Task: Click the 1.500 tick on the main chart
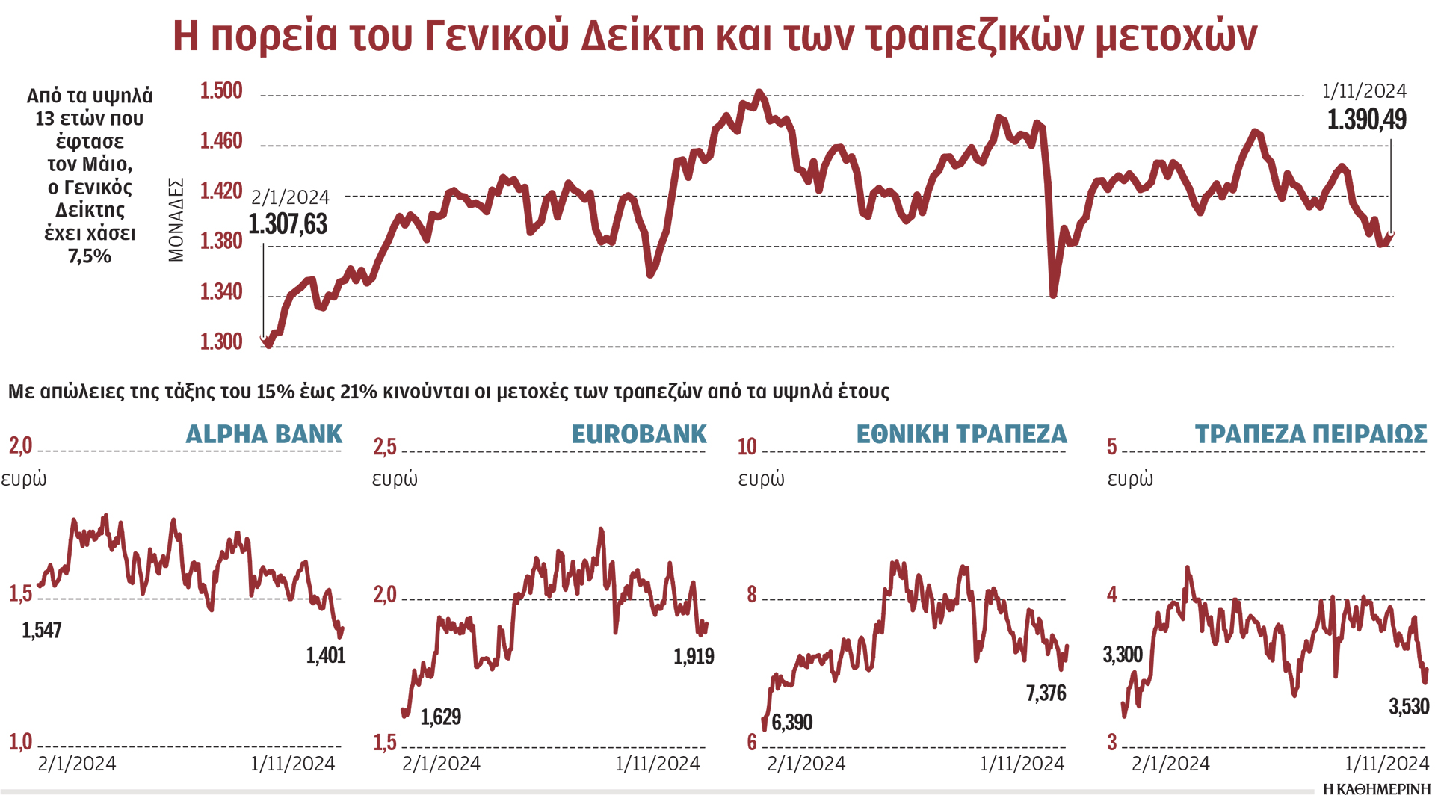(220, 91)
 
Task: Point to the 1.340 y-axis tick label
(220, 291)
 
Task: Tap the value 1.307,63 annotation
(288, 224)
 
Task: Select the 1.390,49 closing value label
(1366, 120)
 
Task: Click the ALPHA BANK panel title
(264, 434)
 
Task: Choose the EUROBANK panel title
(639, 434)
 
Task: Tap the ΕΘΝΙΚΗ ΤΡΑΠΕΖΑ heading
(961, 434)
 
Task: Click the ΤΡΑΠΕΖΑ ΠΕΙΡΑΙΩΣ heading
(1310, 434)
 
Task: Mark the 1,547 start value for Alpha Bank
(42, 631)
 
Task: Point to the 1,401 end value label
(326, 656)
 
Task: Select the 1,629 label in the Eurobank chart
(441, 717)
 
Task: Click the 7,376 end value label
(1046, 693)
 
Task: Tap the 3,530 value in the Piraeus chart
(1409, 706)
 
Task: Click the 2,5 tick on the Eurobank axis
(385, 447)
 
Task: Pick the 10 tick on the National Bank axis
(747, 447)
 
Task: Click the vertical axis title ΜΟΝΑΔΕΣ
(176, 220)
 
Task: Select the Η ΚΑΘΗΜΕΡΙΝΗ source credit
(1376, 790)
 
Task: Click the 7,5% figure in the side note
(90, 256)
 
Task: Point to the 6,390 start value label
(791, 723)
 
